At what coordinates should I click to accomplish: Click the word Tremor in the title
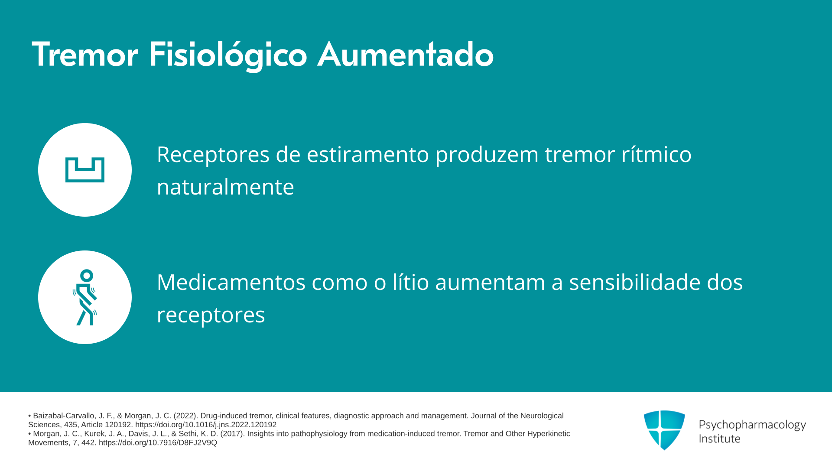[85, 55]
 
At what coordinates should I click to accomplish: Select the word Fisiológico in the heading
[228, 55]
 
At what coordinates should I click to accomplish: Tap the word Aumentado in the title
[406, 55]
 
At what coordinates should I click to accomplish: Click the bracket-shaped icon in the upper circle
[85, 170]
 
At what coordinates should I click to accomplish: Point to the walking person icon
[85, 297]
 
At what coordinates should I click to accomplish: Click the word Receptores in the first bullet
[213, 155]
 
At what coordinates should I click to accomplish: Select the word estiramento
[368, 154]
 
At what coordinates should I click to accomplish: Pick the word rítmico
[656, 154]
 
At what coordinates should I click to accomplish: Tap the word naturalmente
[225, 187]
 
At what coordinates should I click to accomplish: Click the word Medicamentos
[231, 282]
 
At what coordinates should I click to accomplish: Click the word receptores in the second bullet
[211, 315]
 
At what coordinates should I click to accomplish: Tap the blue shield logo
[664, 430]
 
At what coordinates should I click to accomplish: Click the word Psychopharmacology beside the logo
[752, 425]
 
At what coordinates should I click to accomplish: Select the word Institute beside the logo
[719, 439]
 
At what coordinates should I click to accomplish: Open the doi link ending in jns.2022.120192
[206, 425]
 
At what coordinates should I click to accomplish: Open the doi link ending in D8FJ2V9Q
[158, 443]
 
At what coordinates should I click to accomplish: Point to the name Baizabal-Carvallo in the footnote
[64, 416]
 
